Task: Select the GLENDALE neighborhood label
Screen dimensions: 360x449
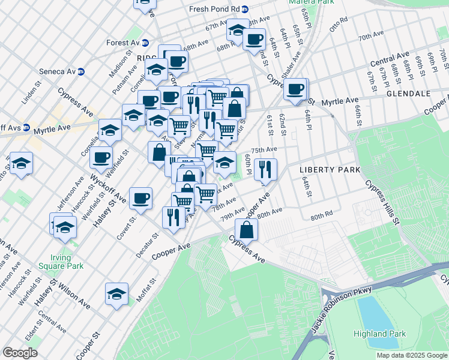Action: tap(409, 94)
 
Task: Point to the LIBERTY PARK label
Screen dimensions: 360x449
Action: tap(330, 170)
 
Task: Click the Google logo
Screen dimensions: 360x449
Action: tap(20, 353)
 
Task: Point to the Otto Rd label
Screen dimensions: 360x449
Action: tap(339, 24)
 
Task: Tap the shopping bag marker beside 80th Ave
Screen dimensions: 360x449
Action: tap(246, 229)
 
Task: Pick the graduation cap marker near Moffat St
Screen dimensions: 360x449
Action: tap(116, 293)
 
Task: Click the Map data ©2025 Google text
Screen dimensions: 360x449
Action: tap(411, 355)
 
